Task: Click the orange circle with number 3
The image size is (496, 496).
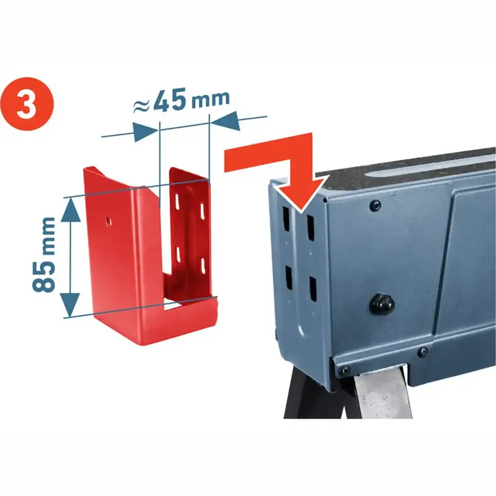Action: [x=27, y=104]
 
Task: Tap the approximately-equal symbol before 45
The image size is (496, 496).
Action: [x=141, y=105]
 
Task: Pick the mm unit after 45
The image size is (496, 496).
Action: [x=210, y=97]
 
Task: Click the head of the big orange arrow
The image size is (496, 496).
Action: [x=303, y=193]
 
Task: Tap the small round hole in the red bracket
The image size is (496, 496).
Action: [x=108, y=221]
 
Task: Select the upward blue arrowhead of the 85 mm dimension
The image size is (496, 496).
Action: [x=71, y=210]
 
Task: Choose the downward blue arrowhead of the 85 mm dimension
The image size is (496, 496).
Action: [x=70, y=304]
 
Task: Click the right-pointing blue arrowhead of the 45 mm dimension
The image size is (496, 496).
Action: [x=146, y=131]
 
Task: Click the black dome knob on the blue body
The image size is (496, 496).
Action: [x=381, y=303]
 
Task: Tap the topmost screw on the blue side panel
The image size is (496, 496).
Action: [x=375, y=206]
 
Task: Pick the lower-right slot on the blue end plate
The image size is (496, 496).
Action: [x=312, y=289]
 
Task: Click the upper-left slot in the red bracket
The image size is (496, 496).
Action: [x=177, y=201]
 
